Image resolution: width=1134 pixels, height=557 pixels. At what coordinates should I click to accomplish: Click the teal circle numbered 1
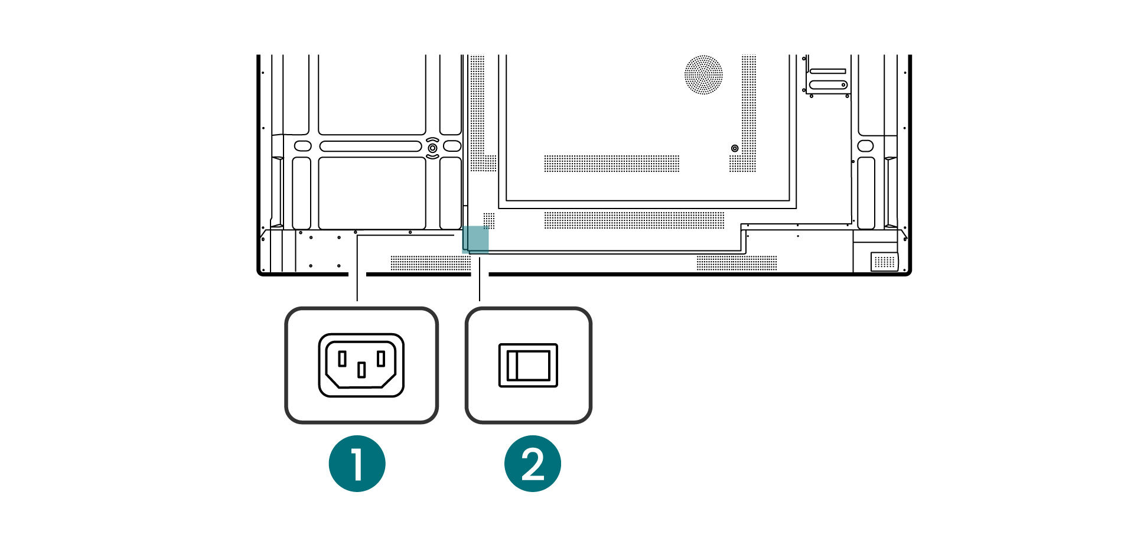click(357, 464)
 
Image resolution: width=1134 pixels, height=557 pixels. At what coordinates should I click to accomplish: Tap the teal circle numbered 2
click(532, 464)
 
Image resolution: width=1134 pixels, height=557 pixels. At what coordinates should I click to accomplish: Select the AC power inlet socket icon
click(361, 365)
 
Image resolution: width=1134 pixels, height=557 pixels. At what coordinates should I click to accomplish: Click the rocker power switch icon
click(528, 365)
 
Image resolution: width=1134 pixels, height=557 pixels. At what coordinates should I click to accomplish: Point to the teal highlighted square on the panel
click(475, 239)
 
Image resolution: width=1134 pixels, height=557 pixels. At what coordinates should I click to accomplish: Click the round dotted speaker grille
click(703, 75)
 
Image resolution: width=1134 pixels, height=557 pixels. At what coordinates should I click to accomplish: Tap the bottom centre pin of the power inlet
click(361, 370)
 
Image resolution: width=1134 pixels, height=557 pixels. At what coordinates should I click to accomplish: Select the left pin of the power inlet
click(342, 359)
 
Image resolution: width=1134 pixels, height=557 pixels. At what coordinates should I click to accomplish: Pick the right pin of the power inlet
click(381, 359)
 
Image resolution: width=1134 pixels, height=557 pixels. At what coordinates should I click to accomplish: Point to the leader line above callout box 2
click(480, 281)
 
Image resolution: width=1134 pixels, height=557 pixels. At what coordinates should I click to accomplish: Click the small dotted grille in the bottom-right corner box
click(884, 262)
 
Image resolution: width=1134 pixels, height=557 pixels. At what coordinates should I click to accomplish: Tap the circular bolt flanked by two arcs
click(432, 147)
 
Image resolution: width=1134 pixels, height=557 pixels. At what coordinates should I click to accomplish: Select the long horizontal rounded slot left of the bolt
click(370, 146)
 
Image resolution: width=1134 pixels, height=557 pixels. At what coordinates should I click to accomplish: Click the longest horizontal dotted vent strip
click(634, 220)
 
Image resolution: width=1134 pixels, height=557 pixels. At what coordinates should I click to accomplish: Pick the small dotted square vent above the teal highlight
click(489, 220)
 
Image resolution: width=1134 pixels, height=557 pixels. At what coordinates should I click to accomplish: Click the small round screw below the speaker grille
click(735, 148)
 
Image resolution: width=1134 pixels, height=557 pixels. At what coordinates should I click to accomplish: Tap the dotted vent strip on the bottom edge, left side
click(430, 263)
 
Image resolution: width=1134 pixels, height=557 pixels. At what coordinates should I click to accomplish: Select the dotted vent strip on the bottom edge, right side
click(737, 263)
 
